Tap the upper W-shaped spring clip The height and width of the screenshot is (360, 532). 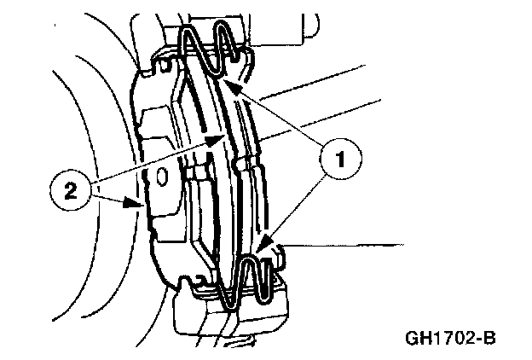213,49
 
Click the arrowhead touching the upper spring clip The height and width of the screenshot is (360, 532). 232,86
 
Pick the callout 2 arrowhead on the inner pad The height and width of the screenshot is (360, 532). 221,140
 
